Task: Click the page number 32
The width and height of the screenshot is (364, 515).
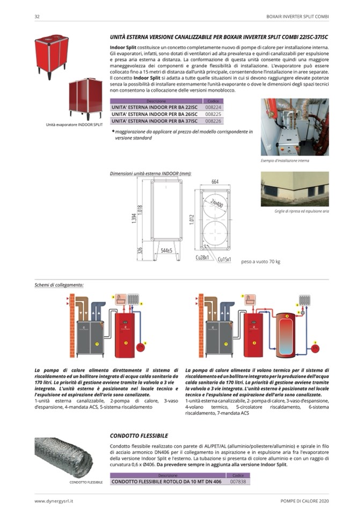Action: [x=37, y=17]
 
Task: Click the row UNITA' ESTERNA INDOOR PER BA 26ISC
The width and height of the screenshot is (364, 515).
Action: [x=155, y=114]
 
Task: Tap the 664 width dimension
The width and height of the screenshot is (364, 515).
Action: [x=215, y=182]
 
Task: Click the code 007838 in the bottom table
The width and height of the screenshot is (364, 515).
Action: [x=238, y=482]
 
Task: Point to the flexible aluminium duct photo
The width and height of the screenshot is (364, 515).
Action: [x=63, y=456]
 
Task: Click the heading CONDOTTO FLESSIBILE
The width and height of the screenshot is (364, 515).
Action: [x=139, y=435]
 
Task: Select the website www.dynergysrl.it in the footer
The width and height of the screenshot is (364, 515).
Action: [x=54, y=501]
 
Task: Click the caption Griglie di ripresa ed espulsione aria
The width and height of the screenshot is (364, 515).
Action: [x=294, y=212]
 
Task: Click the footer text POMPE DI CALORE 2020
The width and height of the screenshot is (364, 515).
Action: [x=304, y=501]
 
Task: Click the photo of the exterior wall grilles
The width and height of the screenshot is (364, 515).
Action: [x=294, y=189]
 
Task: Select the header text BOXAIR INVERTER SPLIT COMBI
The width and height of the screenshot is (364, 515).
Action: [x=297, y=17]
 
